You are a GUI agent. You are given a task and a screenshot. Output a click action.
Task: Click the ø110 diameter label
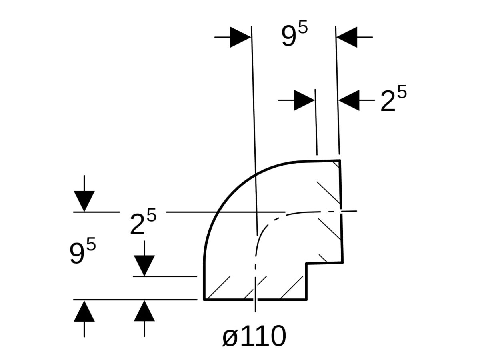pos(254,336)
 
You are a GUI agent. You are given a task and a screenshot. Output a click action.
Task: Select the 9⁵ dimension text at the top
pos(294,36)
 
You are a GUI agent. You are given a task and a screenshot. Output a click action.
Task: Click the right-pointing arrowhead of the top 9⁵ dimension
pos(240,37)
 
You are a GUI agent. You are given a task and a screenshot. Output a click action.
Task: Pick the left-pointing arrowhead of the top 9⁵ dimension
pos(347,37)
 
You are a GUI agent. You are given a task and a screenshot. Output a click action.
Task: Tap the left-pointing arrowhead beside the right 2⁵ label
pos(349,100)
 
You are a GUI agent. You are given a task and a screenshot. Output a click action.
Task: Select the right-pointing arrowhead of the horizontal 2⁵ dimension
pos(304,100)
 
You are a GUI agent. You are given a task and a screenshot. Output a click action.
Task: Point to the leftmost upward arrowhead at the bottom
pos(84,312)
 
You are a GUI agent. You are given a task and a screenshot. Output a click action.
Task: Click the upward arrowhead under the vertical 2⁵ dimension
pos(144,312)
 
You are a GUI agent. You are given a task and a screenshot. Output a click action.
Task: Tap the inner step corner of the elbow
pos(306,263)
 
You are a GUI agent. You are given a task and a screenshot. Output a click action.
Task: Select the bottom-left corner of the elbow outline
pos(204,299)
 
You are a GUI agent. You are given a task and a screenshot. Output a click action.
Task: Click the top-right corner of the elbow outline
pos(340,160)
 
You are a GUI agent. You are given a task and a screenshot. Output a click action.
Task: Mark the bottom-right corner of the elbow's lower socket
pos(306,299)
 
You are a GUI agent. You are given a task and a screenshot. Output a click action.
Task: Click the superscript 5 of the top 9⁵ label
pos(303,30)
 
